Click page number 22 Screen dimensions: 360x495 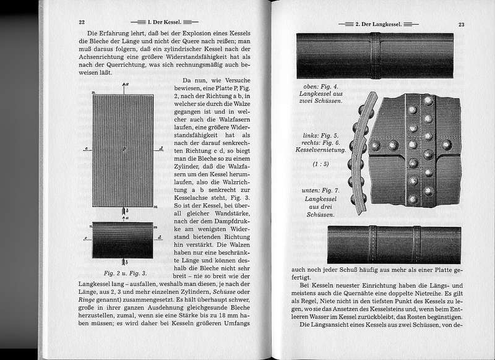tap(81, 22)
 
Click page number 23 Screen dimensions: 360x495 tap(461, 25)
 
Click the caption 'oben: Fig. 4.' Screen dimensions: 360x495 tap(319, 86)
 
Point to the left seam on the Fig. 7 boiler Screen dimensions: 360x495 tap(373, 244)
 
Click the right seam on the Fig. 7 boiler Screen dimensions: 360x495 tap(417, 244)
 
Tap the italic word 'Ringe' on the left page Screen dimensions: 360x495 tap(84, 302)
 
